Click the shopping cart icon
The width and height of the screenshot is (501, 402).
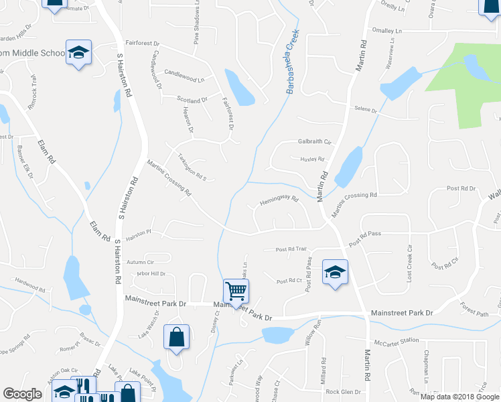coord(236,291)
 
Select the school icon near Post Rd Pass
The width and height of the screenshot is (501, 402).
coord(335,272)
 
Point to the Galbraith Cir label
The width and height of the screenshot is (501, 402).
coord(314,142)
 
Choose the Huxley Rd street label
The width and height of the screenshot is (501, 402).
coord(311,159)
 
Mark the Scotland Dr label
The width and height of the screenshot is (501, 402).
coord(192,100)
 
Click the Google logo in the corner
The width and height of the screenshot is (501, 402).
coord(22,394)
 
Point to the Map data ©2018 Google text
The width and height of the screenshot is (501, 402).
coord(459,397)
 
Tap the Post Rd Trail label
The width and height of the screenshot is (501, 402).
coord(291,249)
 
